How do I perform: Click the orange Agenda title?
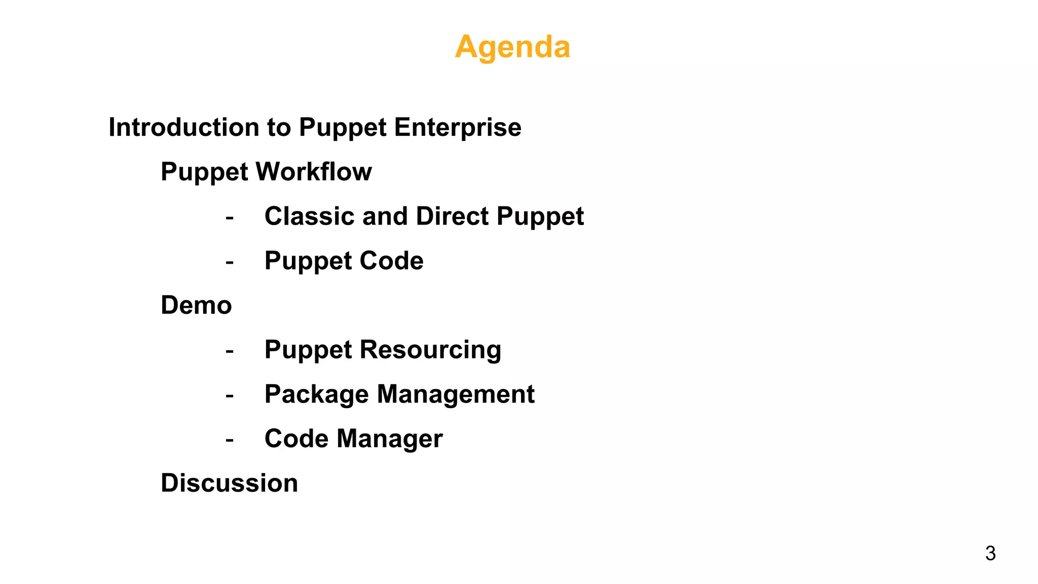512,47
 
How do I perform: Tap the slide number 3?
990,553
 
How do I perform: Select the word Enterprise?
458,127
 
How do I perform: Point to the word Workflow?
314,172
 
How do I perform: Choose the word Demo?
196,305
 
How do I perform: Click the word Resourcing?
430,350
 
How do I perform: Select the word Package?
316,394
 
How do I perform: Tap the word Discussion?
229,483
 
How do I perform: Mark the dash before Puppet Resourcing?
230,351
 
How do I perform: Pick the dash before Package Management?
230,396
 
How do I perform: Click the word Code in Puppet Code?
391,261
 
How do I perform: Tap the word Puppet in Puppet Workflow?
204,172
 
